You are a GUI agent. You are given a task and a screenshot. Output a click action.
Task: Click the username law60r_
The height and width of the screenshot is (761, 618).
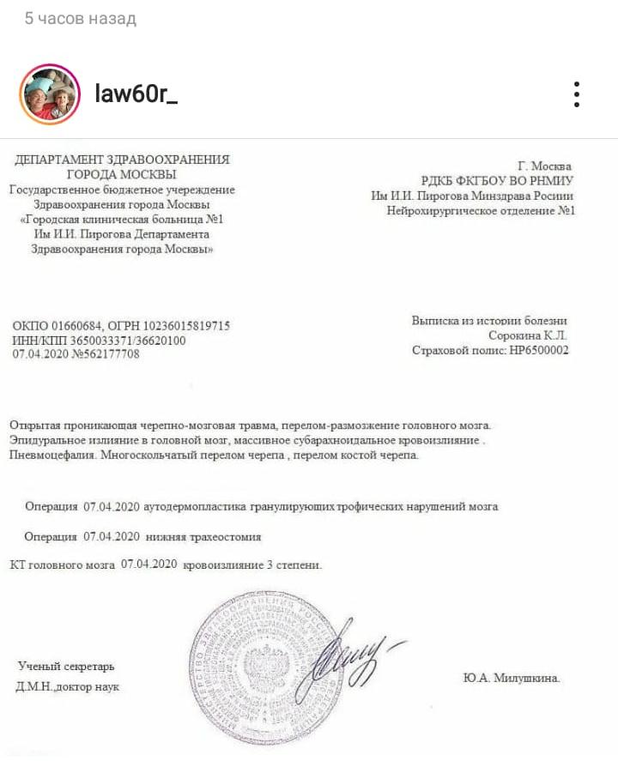click(x=136, y=94)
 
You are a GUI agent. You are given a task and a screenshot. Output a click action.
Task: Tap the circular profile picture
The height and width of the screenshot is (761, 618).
click(x=49, y=94)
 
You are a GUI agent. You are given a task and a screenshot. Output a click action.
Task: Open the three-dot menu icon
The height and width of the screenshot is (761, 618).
click(x=578, y=94)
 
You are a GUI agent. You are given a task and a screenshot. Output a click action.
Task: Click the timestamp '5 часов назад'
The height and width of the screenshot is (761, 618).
click(x=80, y=18)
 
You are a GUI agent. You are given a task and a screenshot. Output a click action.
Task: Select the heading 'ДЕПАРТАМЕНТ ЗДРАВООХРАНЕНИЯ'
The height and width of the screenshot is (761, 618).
click(x=123, y=160)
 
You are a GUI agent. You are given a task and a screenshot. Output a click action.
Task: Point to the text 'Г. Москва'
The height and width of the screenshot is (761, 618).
click(x=545, y=166)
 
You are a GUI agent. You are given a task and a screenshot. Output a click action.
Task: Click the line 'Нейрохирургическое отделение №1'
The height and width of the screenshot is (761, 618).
click(x=481, y=210)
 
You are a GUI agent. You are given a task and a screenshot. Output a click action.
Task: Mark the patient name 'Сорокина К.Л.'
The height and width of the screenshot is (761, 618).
click(x=528, y=335)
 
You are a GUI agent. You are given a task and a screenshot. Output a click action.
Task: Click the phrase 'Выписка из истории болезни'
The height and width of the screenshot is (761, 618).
click(x=489, y=321)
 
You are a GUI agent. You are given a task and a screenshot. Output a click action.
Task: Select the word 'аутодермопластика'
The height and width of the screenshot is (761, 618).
click(x=197, y=506)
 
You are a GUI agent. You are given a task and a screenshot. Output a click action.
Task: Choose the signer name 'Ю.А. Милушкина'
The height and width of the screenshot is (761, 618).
click(x=512, y=677)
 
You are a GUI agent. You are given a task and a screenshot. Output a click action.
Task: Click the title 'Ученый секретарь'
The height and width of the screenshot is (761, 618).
click(x=66, y=667)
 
